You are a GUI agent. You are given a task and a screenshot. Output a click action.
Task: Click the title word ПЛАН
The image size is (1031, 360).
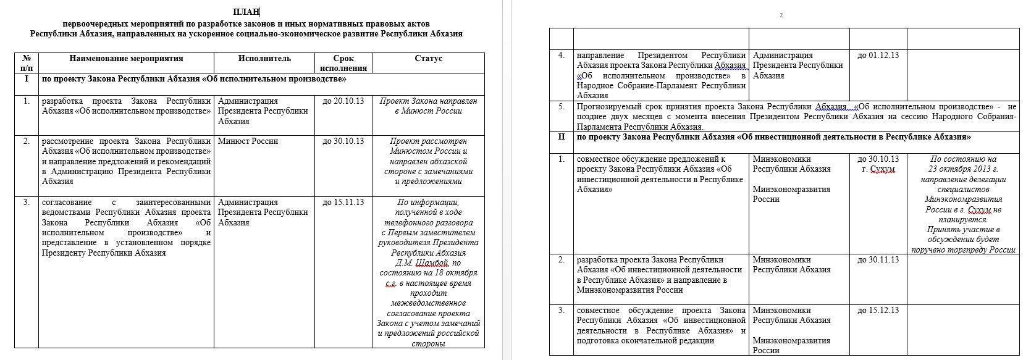coord(246,12)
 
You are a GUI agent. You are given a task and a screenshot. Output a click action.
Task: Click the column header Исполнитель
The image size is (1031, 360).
coord(264,59)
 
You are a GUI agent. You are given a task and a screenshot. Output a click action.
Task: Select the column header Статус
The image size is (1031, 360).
coord(429,59)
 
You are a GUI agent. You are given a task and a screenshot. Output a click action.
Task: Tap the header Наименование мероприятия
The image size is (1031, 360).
coord(126,59)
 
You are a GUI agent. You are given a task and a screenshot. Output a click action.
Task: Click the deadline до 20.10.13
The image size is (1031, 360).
coord(343,101)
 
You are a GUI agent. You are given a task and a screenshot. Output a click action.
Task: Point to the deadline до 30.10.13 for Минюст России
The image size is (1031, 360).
coord(343,141)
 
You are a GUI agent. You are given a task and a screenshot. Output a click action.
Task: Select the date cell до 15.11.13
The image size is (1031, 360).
coord(343,203)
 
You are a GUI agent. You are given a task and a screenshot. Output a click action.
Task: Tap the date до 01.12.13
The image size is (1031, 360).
coord(878,56)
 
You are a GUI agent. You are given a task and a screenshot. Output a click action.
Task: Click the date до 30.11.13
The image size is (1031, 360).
coord(878,260)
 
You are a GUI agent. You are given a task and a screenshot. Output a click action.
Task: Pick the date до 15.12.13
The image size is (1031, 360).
coord(878,311)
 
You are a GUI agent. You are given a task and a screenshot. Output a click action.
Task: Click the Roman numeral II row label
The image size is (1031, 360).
coord(561,137)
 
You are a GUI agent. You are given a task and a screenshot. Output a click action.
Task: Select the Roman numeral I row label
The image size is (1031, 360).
coord(26,79)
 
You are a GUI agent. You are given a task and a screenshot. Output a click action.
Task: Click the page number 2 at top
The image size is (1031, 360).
coord(781,15)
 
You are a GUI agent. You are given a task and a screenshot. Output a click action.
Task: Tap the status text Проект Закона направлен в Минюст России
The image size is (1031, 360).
coord(429,106)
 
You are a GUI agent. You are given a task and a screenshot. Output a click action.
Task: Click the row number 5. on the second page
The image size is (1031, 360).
coord(561,107)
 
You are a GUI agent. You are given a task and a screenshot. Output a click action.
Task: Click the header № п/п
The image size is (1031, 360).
coord(26,63)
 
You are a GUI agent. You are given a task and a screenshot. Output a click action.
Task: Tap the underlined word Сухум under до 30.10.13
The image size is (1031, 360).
coord(882,169)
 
